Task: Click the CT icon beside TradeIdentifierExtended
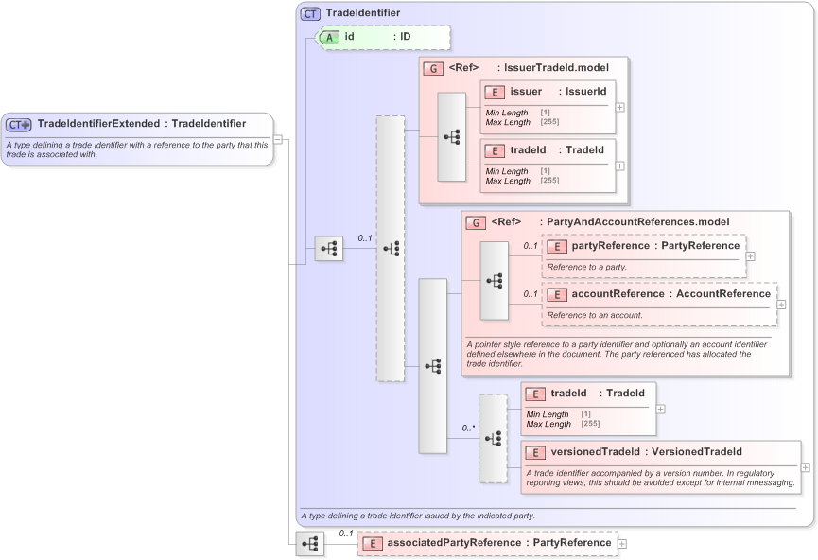(x=19, y=124)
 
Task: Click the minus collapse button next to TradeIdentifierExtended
(x=278, y=139)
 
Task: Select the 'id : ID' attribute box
(x=382, y=37)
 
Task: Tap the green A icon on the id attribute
(x=329, y=37)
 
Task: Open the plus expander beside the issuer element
(x=620, y=106)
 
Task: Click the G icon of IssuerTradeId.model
(x=433, y=68)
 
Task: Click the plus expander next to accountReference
(x=781, y=304)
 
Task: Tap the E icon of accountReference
(x=556, y=294)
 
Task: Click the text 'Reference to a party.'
(x=586, y=267)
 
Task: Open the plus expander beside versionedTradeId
(x=805, y=466)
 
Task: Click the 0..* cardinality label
(x=468, y=428)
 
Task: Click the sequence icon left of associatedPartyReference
(x=309, y=544)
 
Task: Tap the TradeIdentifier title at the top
(x=362, y=13)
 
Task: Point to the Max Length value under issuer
(x=549, y=122)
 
